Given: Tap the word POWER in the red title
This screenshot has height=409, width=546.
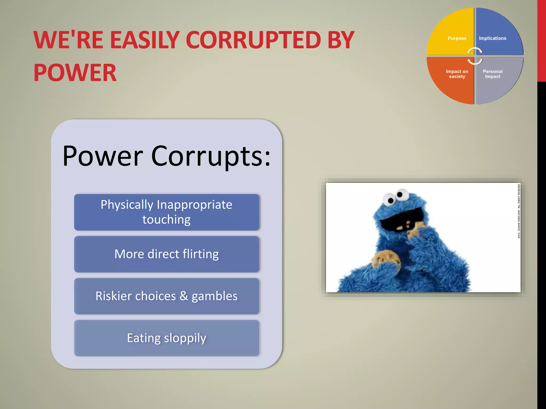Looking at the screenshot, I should coord(75,73).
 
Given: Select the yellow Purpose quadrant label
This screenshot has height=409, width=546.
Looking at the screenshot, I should coord(457,38).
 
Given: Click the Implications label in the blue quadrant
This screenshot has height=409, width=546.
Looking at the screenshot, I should coord(492,38).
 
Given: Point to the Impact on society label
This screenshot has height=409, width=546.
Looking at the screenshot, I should coord(457,74).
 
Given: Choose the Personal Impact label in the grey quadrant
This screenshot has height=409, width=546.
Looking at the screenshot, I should coord(492,74).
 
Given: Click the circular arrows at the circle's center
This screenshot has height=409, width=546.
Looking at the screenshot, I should coord(475,56).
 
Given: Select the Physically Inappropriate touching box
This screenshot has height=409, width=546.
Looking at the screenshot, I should coord(167,212).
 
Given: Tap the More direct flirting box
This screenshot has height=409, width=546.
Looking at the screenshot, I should coord(167,254).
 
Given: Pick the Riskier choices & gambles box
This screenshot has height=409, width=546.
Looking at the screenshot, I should coord(167,296).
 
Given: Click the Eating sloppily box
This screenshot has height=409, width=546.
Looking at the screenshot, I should coord(167,338).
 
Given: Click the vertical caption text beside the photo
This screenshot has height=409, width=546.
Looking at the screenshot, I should coord(519,210).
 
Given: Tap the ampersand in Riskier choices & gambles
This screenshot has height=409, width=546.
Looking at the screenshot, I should coord(184,296).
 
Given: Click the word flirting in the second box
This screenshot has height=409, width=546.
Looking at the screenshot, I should coord(200,254).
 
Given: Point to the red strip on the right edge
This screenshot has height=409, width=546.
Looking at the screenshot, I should coord(541,40).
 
